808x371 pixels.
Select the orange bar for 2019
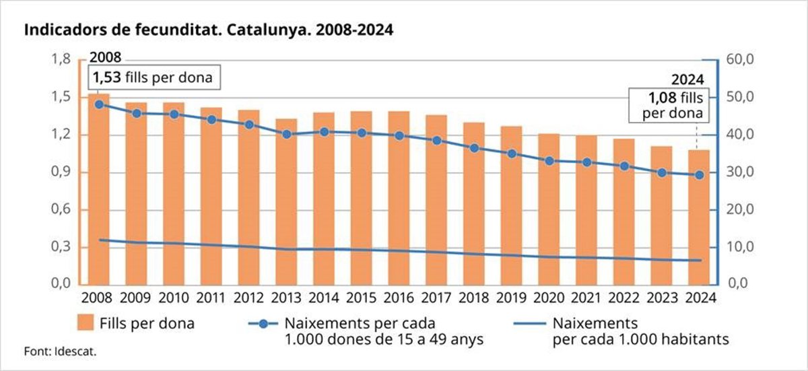(x=512, y=209)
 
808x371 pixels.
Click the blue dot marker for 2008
(x=99, y=104)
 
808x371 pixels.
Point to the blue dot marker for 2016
(x=399, y=135)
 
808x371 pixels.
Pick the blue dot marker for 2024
(x=700, y=175)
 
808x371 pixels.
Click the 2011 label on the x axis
(x=211, y=297)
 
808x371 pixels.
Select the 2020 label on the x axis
(x=549, y=297)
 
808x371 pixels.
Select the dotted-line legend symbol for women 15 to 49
(x=265, y=323)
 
